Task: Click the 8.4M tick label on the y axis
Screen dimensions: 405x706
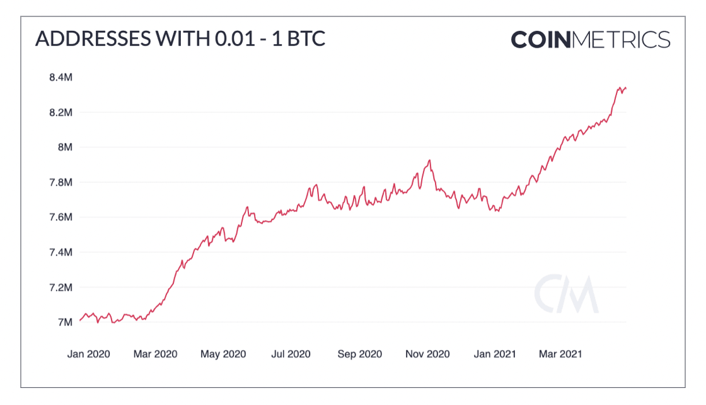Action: (x=62, y=78)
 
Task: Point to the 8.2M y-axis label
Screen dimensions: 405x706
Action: (x=62, y=112)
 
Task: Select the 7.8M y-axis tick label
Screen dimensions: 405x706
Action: (x=62, y=182)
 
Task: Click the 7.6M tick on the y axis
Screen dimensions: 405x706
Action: (x=62, y=217)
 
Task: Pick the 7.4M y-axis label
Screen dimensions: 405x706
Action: (x=62, y=252)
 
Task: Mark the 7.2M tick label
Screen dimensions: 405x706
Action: (x=62, y=287)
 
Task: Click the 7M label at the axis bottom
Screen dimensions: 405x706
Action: (x=66, y=322)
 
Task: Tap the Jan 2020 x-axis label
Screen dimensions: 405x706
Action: (x=88, y=354)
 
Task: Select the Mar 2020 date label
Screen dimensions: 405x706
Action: (x=155, y=354)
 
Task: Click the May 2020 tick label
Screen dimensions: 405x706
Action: (x=223, y=354)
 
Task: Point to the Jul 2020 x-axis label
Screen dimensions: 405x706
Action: (x=291, y=354)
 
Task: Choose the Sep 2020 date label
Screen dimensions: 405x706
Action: (x=359, y=354)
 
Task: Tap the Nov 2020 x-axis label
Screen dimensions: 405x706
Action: (x=427, y=354)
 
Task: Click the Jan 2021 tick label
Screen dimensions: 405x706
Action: (x=495, y=354)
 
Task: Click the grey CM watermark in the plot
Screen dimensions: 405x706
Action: (x=565, y=295)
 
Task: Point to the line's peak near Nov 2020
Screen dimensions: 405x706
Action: (x=429, y=160)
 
